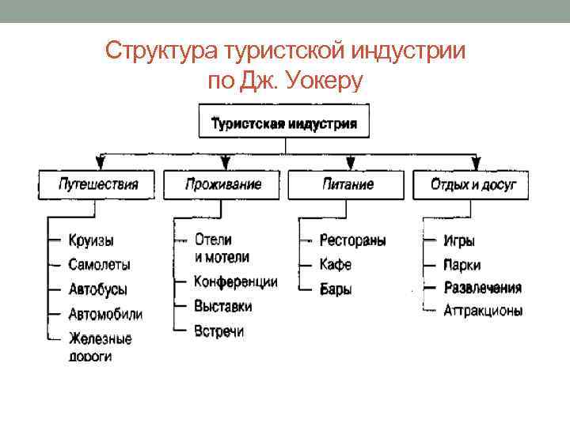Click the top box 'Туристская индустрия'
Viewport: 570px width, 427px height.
tap(283, 123)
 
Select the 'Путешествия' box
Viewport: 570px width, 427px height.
tap(98, 185)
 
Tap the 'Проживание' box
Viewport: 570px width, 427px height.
tap(223, 185)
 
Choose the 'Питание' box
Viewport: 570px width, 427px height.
tap(348, 185)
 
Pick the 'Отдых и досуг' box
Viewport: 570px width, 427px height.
tap(473, 185)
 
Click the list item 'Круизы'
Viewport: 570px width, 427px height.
tap(90, 240)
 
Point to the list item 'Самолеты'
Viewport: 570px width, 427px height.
tap(99, 264)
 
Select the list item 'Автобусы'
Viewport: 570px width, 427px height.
tap(97, 289)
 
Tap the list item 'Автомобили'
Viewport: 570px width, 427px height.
tap(105, 314)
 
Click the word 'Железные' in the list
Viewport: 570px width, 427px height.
tap(100, 338)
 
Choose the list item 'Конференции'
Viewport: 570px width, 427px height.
tap(235, 282)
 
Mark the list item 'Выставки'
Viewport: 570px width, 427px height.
tap(222, 306)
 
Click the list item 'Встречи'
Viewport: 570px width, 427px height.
tap(218, 331)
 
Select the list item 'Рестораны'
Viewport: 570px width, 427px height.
tap(352, 240)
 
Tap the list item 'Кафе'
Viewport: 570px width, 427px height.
tap(335, 264)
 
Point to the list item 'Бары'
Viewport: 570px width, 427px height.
tap(336, 289)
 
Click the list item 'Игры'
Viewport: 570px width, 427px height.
tap(459, 240)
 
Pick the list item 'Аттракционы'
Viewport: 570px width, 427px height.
tap(483, 311)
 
